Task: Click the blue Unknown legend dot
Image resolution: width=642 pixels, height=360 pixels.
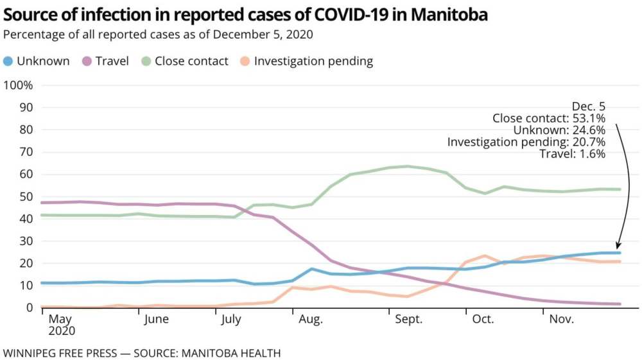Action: (x=8, y=62)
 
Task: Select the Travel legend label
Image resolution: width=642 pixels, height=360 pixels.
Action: (x=112, y=62)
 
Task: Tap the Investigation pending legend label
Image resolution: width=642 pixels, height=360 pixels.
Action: (x=313, y=62)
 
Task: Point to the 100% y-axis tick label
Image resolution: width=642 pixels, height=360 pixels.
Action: (x=19, y=85)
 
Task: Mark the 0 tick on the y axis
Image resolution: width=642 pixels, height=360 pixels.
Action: (x=28, y=307)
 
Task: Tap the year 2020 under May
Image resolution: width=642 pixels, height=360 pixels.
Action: (x=62, y=332)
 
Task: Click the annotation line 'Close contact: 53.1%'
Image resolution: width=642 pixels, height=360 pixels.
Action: (x=549, y=118)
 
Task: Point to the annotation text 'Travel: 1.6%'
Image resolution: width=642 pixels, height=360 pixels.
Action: (x=572, y=154)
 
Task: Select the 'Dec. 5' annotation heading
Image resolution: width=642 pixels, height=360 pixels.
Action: (x=589, y=106)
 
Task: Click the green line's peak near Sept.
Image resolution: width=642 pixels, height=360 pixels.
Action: (x=407, y=166)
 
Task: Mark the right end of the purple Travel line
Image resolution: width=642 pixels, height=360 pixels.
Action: (x=620, y=304)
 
